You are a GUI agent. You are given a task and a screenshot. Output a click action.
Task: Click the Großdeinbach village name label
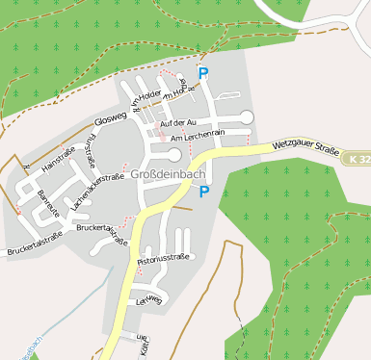pyautogui.click(x=166, y=174)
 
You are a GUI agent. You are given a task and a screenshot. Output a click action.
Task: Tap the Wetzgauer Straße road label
pyautogui.click(x=305, y=148)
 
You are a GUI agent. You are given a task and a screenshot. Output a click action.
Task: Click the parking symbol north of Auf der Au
pyautogui.click(x=203, y=73)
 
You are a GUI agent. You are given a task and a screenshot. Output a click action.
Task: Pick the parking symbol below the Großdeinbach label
pyautogui.click(x=203, y=193)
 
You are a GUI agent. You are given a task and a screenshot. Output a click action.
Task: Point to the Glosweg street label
pyautogui.click(x=111, y=121)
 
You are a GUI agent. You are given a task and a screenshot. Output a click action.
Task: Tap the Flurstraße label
pyautogui.click(x=90, y=152)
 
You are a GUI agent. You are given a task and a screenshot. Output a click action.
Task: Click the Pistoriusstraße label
pyautogui.click(x=164, y=258)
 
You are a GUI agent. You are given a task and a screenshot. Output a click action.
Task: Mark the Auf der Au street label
pyautogui.click(x=178, y=123)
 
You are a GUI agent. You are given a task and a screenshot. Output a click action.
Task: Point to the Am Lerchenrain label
pyautogui.click(x=197, y=139)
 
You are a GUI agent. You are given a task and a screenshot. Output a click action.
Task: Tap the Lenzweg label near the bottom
pyautogui.click(x=149, y=300)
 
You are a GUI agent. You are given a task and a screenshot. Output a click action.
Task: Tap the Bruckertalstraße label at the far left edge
pyautogui.click(x=34, y=244)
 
